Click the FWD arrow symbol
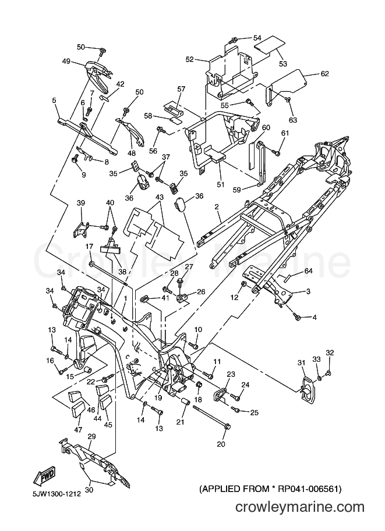click(44, 477)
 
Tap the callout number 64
click(308, 271)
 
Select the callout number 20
click(221, 444)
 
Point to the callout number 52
click(190, 59)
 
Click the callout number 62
click(324, 73)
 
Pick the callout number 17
click(89, 246)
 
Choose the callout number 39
click(81, 203)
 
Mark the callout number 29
click(91, 437)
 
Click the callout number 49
click(66, 61)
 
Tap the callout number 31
click(302, 363)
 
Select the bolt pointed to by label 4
click(298, 317)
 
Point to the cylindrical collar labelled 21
click(186, 402)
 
